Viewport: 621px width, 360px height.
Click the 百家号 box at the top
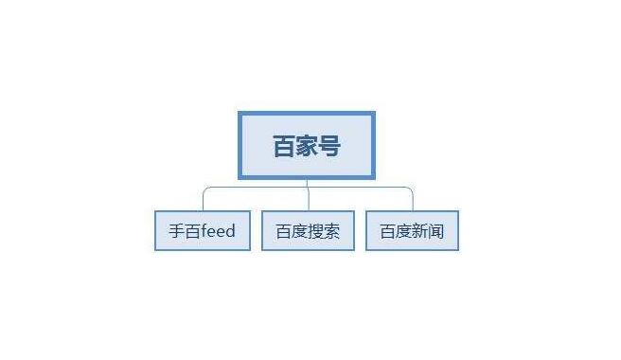click(x=307, y=145)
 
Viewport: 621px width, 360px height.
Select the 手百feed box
click(x=203, y=230)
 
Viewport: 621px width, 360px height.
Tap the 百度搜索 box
click(x=308, y=230)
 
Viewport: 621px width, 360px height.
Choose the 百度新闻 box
click(x=412, y=230)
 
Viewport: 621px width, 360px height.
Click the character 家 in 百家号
click(x=307, y=146)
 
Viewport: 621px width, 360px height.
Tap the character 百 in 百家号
click(x=284, y=146)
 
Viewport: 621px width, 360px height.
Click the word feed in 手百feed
click(x=218, y=230)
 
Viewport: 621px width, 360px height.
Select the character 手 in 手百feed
click(x=176, y=230)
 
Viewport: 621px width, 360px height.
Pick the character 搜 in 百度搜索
click(x=315, y=230)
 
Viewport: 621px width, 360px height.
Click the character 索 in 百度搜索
click(x=331, y=230)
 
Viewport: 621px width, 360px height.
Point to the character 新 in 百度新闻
click(x=419, y=230)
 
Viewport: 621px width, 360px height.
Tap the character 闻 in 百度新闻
click(x=435, y=230)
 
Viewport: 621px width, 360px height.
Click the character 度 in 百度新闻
click(x=404, y=230)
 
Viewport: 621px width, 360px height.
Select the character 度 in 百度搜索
click(x=300, y=230)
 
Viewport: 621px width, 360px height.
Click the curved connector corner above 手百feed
click(x=205, y=190)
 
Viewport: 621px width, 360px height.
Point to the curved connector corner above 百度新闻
click(x=410, y=190)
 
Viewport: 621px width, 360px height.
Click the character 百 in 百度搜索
click(x=284, y=230)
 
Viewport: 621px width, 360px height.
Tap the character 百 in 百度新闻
click(x=388, y=230)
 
